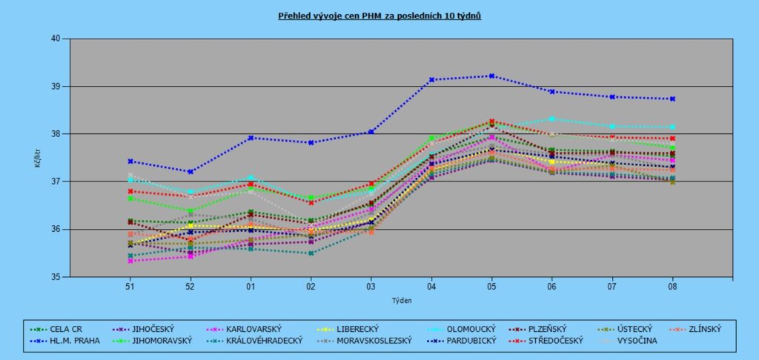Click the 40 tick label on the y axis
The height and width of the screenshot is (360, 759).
pos(55,39)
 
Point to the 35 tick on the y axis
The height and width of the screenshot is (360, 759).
pos(55,277)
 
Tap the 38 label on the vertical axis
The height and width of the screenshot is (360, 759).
pos(55,134)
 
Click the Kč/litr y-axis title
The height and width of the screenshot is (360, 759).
pos(38,157)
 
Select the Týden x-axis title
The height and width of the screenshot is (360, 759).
pos(401,301)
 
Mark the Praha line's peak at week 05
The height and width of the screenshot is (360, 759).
pos(491,76)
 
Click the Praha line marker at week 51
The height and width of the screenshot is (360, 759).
pos(130,161)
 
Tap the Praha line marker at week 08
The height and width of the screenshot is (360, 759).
pos(672,99)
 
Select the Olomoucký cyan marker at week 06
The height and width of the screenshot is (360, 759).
pos(552,119)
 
